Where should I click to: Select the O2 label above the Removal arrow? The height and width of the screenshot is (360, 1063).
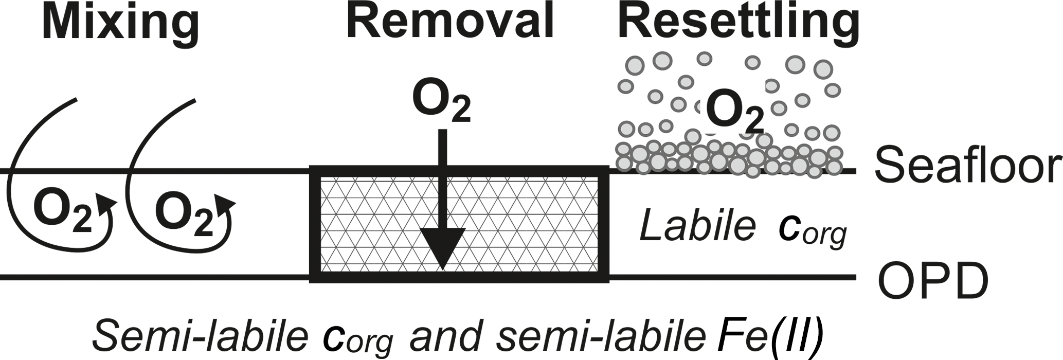point(441,104)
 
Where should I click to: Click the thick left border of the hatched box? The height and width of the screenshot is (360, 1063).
point(314,224)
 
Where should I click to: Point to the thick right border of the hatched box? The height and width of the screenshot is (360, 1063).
point(604,224)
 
